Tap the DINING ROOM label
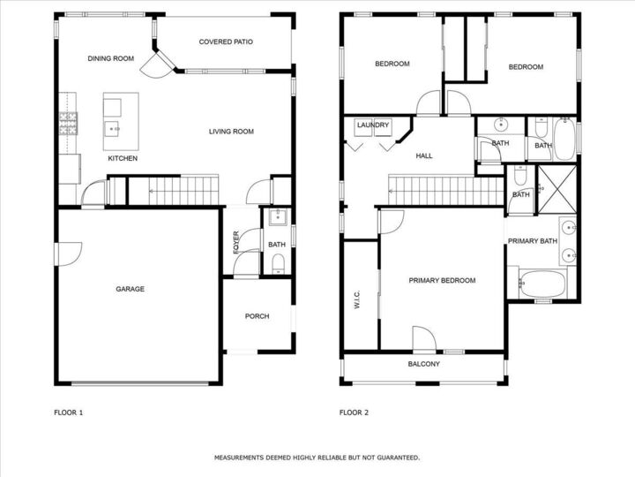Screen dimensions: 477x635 tap(110, 58)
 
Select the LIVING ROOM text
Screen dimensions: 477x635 tap(231, 132)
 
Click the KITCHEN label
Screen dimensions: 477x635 tap(123, 158)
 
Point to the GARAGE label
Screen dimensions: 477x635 tap(130, 289)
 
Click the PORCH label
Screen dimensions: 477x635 tap(257, 316)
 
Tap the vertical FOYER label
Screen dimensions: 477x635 tap(236, 241)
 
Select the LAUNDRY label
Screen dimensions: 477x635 tap(372, 125)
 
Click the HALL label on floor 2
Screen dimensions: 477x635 tap(424, 155)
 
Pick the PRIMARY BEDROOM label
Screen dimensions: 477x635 tap(442, 280)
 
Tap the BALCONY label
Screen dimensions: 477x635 tap(423, 364)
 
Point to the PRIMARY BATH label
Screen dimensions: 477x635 tap(532, 241)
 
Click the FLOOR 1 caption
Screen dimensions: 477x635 tap(68, 412)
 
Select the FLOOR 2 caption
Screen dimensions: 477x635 tap(354, 412)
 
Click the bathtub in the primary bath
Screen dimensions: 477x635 tap(540, 284)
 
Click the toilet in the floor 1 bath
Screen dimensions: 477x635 tap(279, 261)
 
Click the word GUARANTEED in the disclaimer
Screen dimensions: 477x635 tap(394, 458)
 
